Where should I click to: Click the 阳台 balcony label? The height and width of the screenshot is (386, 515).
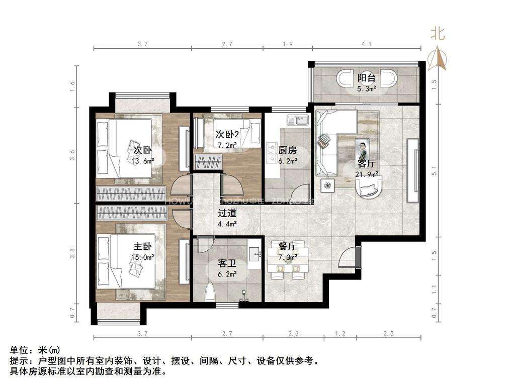(x=366, y=78)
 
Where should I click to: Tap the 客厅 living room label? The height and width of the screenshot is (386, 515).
(x=366, y=164)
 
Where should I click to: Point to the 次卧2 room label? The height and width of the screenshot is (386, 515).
(x=227, y=135)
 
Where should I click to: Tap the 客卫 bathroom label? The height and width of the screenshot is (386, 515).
(x=227, y=263)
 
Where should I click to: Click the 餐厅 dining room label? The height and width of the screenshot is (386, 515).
(x=287, y=246)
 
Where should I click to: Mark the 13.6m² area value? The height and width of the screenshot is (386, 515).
(x=142, y=161)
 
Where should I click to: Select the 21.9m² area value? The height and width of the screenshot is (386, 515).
(x=367, y=174)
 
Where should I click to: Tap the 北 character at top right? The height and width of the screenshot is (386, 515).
(x=437, y=34)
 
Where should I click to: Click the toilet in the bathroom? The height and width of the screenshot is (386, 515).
(x=210, y=291)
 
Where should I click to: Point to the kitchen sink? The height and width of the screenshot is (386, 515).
(x=301, y=120)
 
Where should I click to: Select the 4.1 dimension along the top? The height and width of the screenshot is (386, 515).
(x=366, y=44)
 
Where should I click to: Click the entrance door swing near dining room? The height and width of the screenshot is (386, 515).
(x=348, y=257)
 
